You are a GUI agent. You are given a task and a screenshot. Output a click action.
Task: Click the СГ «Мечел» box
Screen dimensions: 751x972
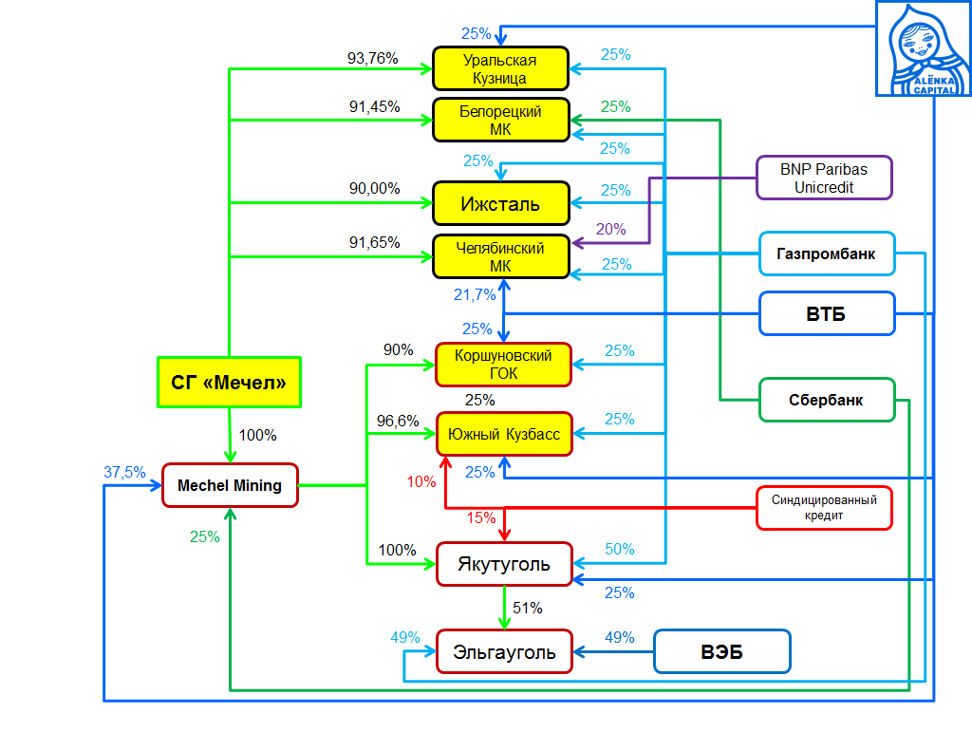pos(229,383)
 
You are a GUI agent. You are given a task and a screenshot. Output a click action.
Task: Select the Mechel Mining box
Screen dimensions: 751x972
pos(230,486)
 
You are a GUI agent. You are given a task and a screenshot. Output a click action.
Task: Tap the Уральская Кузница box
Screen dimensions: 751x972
pos(500,69)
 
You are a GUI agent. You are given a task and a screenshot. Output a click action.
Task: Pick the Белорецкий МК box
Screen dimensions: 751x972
pos(500,121)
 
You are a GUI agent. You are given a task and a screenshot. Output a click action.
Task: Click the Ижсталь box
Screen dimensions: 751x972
pos(500,203)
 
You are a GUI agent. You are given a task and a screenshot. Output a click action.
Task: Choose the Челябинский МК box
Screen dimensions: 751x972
pos(500,256)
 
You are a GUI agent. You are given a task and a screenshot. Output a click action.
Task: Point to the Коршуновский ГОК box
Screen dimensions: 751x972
pos(504,365)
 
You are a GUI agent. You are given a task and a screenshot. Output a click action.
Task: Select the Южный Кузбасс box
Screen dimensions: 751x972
pos(504,435)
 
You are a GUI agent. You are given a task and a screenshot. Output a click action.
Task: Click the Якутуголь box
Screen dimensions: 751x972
pos(504,564)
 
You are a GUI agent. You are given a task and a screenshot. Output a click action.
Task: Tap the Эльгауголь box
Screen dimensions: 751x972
pos(504,652)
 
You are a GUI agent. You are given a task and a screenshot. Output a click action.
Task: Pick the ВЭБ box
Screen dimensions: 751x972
pos(721,652)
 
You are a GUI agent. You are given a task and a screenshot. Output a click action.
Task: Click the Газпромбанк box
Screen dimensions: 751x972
pos(826,254)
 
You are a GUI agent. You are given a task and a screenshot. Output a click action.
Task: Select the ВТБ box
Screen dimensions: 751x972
pos(826,314)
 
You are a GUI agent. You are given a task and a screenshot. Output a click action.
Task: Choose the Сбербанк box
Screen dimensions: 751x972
pos(826,400)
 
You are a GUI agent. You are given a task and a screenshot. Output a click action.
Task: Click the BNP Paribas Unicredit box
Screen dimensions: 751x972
pos(824,178)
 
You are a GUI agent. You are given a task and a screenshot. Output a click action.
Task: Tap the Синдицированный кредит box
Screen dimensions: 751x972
pos(824,508)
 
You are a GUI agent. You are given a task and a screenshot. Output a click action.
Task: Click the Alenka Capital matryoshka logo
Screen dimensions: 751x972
pos(924,47)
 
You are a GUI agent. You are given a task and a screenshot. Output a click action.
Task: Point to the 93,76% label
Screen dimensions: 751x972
pos(373,58)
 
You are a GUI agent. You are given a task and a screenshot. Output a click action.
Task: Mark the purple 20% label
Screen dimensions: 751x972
pos(611,229)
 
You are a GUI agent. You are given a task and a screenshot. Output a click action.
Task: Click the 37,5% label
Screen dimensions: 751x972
pos(124,472)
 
